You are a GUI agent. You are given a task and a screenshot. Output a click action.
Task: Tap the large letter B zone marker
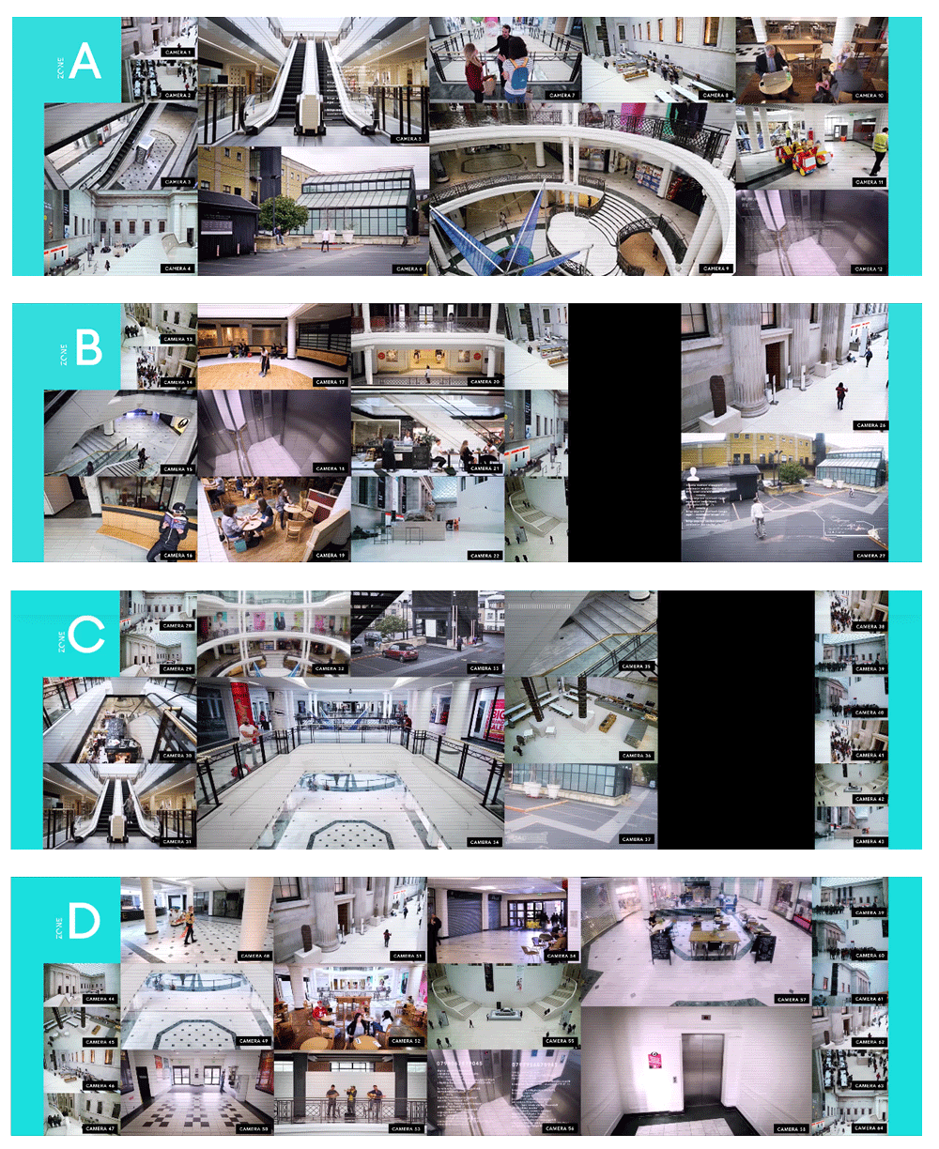(88, 348)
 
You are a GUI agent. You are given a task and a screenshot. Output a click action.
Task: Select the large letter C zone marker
(86, 635)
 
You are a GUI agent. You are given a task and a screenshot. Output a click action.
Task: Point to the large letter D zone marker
(84, 922)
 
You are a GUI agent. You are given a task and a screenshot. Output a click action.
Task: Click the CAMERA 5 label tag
(408, 139)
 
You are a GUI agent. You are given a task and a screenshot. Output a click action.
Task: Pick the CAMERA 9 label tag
(716, 268)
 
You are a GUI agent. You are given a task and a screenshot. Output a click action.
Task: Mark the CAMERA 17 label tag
(328, 382)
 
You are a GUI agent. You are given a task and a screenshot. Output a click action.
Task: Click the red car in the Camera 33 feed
(399, 651)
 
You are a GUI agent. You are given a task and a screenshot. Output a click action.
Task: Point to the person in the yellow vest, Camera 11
(879, 146)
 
